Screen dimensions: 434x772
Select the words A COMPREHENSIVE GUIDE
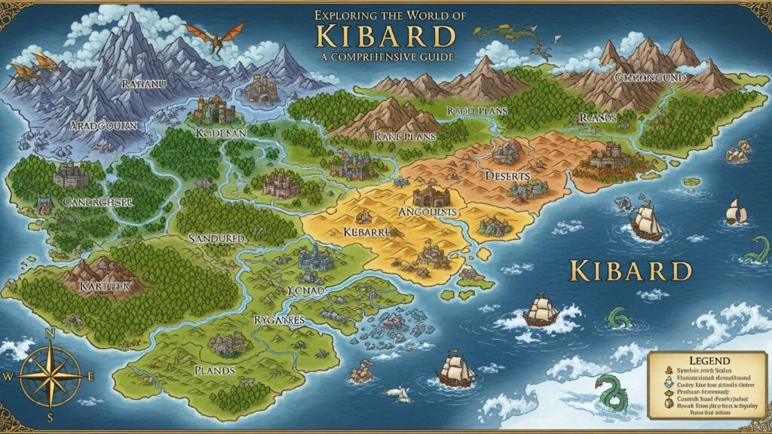pos(386,57)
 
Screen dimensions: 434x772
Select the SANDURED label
pos(216,238)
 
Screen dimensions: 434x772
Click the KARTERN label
pos(105,286)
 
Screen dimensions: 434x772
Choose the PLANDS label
pos(214,370)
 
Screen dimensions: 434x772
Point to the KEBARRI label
pos(365,232)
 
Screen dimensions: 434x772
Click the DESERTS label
pos(507,176)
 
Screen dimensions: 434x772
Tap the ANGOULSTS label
pos(426,212)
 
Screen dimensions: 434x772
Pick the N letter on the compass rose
pos(51,333)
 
